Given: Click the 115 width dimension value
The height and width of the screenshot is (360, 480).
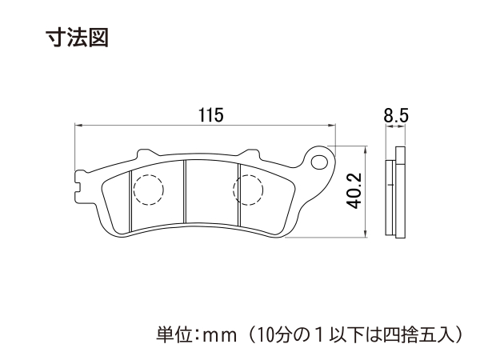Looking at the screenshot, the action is tap(211, 115).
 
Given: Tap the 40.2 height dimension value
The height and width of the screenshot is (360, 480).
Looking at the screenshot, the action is tap(355, 191).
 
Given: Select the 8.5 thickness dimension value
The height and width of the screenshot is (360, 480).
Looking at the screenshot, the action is tap(396, 116).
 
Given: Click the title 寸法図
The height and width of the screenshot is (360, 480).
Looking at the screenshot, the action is tap(78, 38).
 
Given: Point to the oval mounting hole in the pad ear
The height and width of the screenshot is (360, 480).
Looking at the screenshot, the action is tap(319, 162).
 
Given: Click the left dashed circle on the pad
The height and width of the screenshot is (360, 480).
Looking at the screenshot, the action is tap(149, 190).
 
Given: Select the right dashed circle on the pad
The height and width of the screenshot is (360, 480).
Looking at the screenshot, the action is tap(248, 189).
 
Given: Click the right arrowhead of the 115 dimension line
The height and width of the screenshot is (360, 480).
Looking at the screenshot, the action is tap(332, 125).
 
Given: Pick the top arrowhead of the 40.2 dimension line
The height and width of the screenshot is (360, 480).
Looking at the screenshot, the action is tap(366, 149).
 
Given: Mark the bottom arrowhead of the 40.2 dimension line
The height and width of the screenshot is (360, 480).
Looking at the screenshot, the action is tap(366, 234).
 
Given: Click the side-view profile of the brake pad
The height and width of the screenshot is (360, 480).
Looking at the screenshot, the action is tap(395, 192).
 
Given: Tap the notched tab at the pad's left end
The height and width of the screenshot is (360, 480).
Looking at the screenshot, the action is tap(79, 186).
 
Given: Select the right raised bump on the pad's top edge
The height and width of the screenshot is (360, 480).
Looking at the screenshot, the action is tap(250, 154).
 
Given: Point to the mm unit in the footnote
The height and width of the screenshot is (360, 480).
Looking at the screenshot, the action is tap(221, 336).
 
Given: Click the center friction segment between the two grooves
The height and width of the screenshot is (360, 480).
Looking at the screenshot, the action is tap(211, 192).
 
